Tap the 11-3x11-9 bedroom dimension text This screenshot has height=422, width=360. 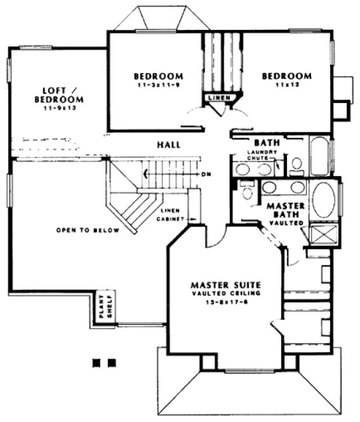159,85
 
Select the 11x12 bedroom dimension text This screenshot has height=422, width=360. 286,85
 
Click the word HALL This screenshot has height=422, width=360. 169,145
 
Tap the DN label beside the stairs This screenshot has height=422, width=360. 205,173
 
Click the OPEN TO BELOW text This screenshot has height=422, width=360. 87,230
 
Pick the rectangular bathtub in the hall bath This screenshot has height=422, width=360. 319,156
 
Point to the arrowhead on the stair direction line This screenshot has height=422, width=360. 147,173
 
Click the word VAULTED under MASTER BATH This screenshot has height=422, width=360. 286,224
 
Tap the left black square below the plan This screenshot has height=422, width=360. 97,362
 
